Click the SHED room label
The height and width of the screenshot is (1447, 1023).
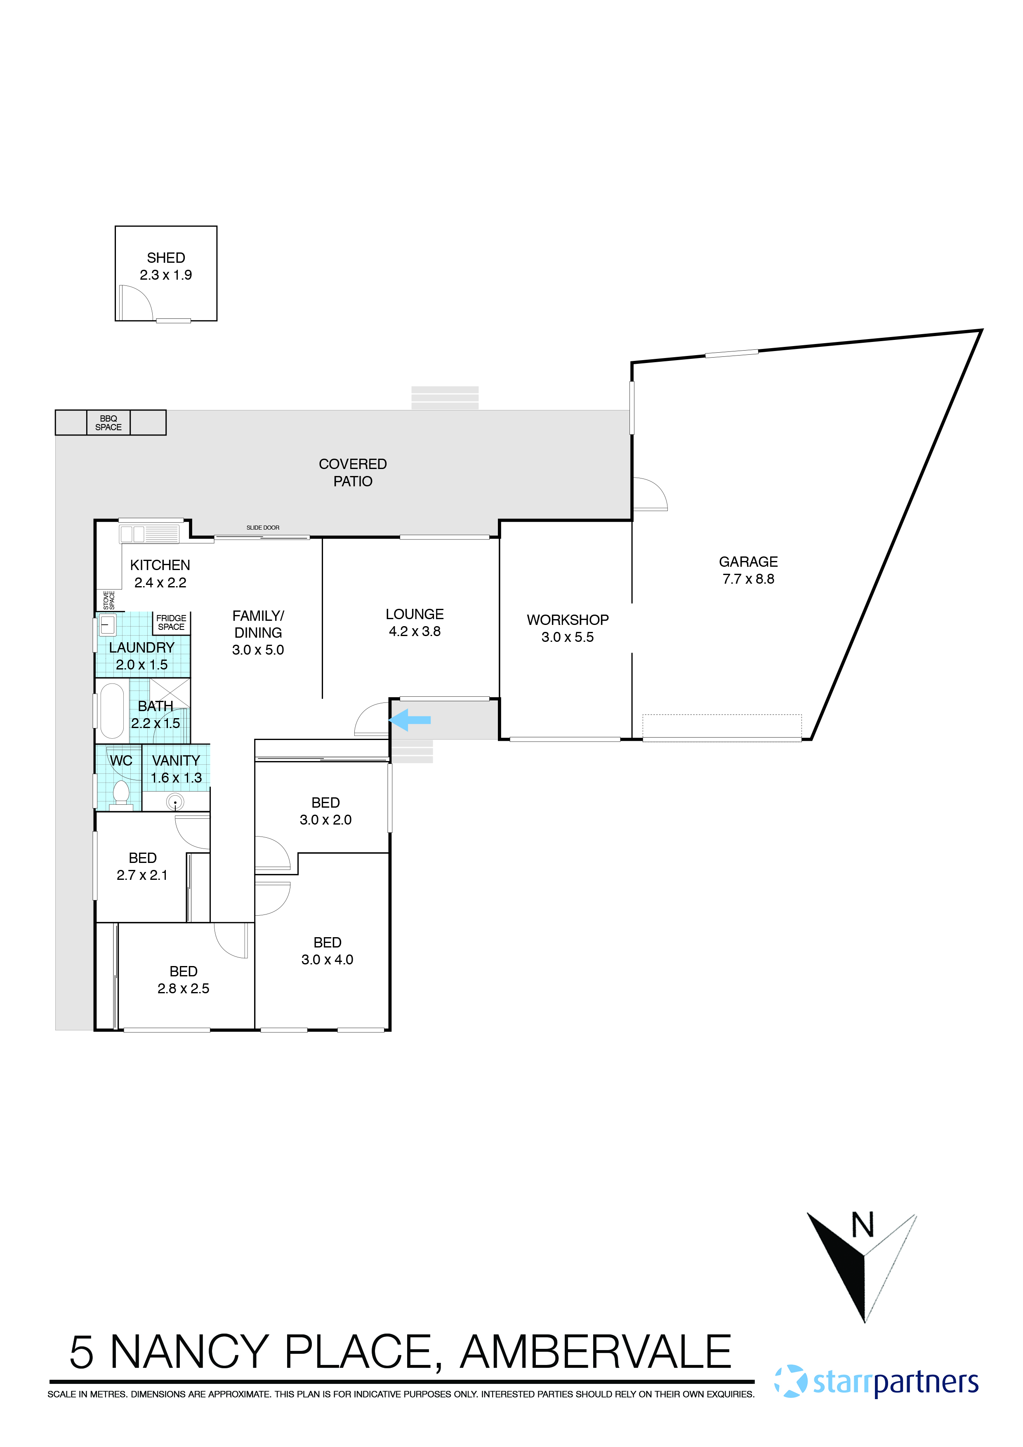point(166,258)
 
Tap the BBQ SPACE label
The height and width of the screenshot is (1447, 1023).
point(108,423)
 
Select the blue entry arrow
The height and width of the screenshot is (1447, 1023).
point(410,719)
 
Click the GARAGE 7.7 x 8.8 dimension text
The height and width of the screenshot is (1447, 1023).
point(748,579)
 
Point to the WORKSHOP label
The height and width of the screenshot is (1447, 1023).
point(567,620)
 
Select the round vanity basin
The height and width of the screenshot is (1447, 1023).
point(175,801)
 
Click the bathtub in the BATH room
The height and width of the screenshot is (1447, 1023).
point(112,711)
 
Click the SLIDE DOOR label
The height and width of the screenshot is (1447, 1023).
point(263,528)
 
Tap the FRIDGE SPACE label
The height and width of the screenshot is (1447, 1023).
point(172,623)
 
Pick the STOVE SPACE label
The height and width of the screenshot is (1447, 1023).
point(109,600)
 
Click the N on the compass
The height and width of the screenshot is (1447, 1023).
point(863,1225)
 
